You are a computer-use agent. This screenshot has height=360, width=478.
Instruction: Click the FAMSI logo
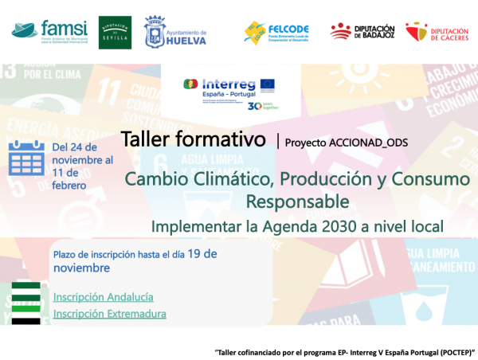click(x=49, y=31)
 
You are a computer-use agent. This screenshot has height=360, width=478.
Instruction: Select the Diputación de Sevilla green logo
click(x=116, y=32)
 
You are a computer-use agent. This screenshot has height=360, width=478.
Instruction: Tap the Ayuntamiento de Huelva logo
click(x=175, y=33)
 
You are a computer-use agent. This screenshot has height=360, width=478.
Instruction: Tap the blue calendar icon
click(x=26, y=159)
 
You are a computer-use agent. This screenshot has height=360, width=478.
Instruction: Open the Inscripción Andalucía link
click(x=103, y=297)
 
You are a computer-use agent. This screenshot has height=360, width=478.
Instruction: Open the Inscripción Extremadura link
click(x=109, y=314)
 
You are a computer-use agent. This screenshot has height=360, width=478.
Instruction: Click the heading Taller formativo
click(x=193, y=139)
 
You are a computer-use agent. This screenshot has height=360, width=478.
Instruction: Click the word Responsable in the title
click(x=298, y=199)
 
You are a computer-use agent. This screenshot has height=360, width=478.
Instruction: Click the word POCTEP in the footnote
click(x=453, y=351)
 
